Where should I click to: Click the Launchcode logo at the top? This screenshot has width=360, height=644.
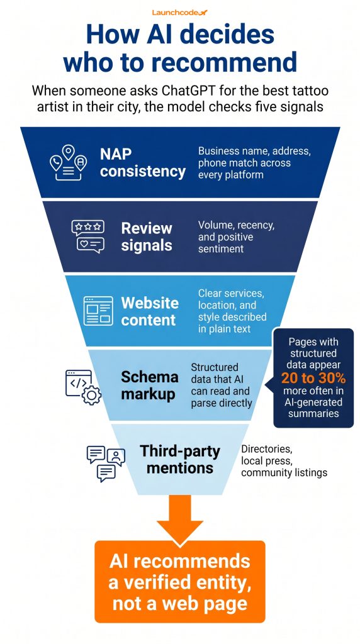179,13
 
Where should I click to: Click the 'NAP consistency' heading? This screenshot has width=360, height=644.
143,163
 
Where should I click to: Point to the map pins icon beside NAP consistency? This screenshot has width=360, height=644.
68,162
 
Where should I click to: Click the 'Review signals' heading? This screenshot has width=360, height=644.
146,236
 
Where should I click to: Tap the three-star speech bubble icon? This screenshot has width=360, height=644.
87,228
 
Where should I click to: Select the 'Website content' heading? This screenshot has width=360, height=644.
150,311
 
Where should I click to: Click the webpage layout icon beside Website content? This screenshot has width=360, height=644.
98,311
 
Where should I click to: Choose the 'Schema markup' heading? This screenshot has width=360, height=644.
150,386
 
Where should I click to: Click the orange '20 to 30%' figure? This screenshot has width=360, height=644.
313,378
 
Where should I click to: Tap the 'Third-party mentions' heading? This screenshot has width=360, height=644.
180,459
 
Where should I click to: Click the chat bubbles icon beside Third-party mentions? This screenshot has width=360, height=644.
106,464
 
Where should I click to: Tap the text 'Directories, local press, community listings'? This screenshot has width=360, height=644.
284,461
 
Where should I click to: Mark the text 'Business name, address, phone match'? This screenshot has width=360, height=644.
254,157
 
